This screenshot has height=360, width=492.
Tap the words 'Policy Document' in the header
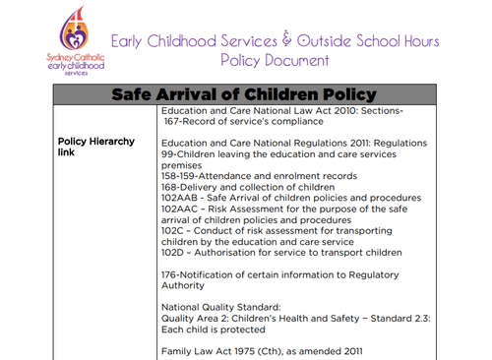tap(276, 61)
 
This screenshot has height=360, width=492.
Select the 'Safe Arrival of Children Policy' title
tap(244, 94)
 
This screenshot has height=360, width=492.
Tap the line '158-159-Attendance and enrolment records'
tap(258, 175)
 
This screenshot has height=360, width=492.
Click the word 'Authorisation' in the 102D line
tap(228, 253)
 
